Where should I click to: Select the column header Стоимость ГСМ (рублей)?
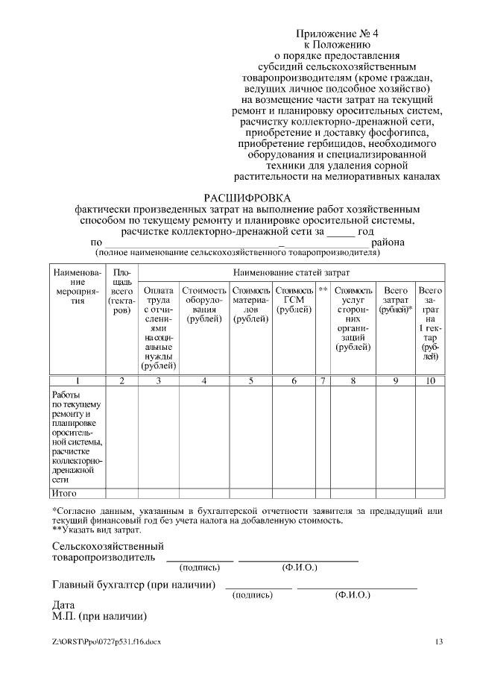[294, 300]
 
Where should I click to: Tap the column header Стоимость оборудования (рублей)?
[203, 304]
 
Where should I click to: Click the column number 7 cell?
[323, 380]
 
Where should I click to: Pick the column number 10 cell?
[430, 380]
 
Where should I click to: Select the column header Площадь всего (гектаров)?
[122, 291]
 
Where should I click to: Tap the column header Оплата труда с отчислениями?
[158, 327]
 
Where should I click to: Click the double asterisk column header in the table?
[323, 290]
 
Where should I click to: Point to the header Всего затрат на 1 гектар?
[430, 322]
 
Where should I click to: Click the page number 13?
[439, 641]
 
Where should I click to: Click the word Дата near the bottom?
[64, 605]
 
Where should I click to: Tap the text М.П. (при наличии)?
[98, 617]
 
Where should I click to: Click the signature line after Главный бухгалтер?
[258, 586]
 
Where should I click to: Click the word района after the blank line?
[388, 242]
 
